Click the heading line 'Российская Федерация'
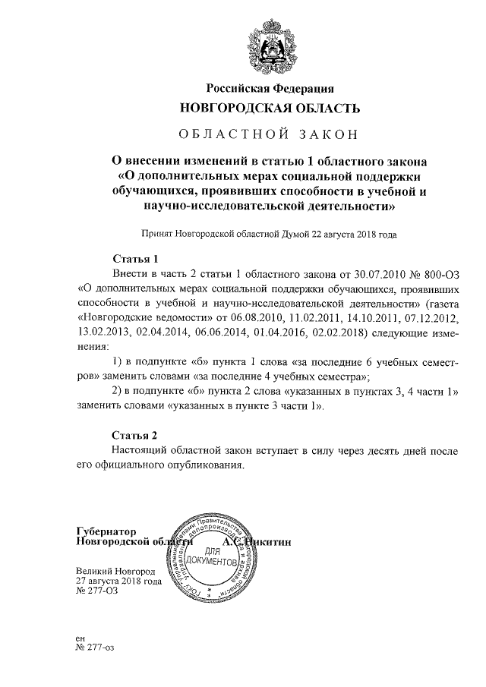270,89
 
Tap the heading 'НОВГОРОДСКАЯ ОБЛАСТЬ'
270,109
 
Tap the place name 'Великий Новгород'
115,570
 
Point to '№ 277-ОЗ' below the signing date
97,591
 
